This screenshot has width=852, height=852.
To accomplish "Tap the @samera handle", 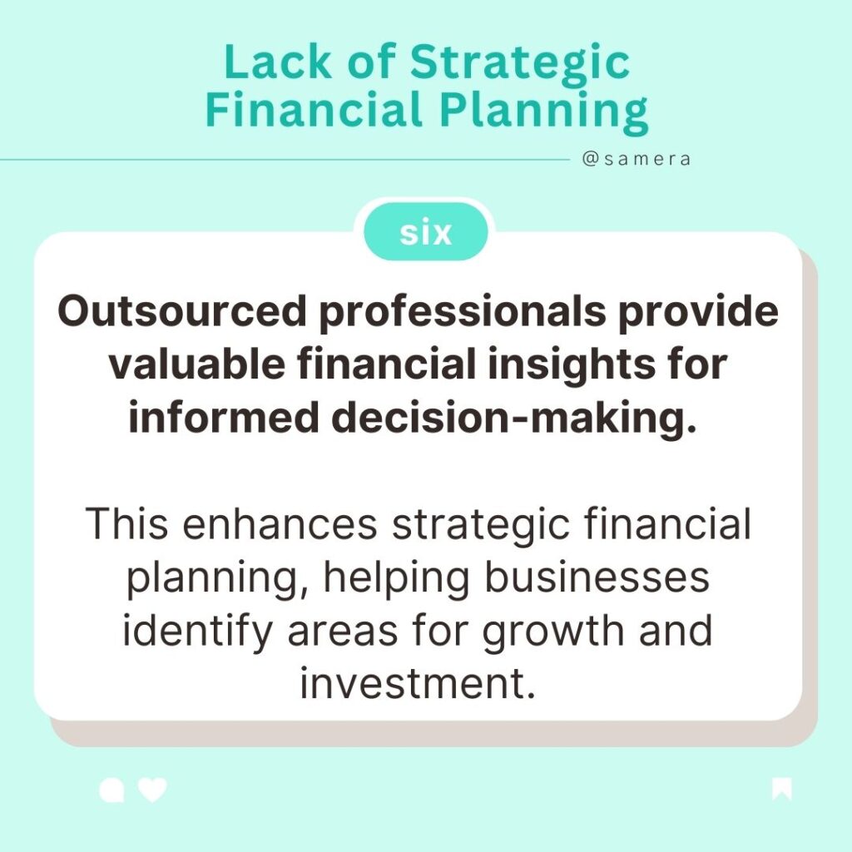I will (637, 159).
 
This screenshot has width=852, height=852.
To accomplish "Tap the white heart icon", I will (152, 790).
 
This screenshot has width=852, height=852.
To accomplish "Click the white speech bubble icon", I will (111, 790).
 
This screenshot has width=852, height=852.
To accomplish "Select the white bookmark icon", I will (781, 789).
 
